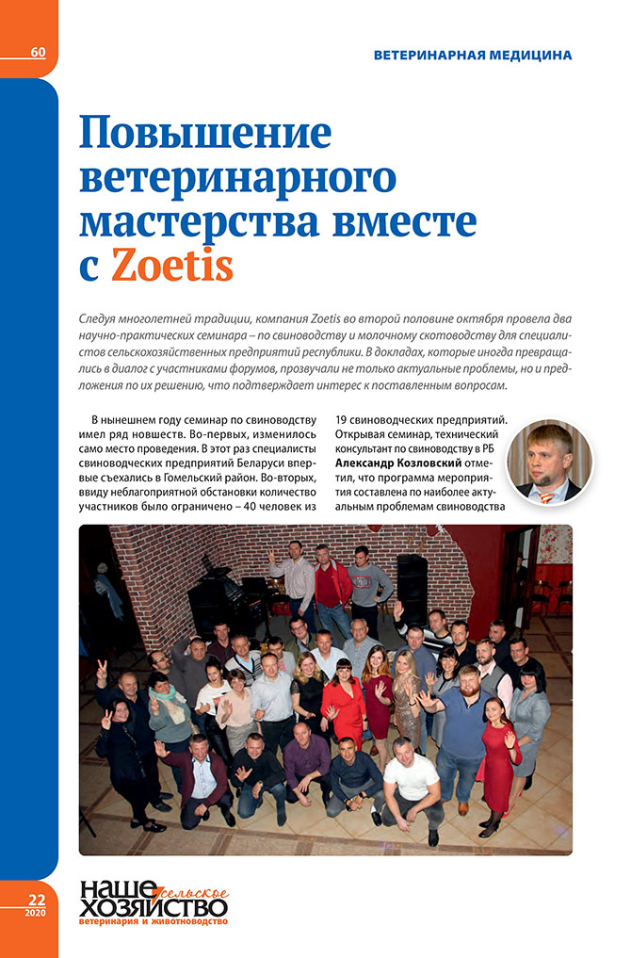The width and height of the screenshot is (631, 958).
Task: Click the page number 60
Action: pyautogui.click(x=38, y=51)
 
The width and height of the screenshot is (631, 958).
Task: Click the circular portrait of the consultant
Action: pyautogui.click(x=550, y=462)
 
